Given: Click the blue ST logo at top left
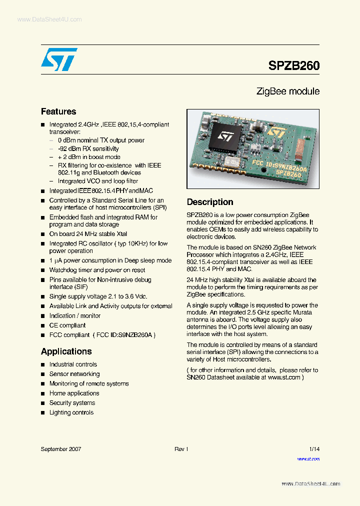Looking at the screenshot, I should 59,59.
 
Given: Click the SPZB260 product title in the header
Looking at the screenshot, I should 293,65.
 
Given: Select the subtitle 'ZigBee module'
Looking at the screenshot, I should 287,91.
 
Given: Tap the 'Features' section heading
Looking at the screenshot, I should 58,111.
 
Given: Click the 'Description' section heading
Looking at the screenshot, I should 210,202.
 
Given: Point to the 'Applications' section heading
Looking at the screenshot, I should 66,351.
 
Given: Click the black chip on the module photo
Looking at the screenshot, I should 224,137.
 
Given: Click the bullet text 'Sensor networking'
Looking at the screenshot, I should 74,374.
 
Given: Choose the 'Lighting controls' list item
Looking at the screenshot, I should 71,412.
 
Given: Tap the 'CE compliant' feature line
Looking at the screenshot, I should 67,325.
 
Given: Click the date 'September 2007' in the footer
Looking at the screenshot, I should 60,449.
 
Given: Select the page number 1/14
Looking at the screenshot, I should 314,449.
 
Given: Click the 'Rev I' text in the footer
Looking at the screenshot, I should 181,449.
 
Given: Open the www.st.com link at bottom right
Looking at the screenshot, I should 308,459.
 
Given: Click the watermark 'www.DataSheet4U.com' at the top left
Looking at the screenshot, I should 42,19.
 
